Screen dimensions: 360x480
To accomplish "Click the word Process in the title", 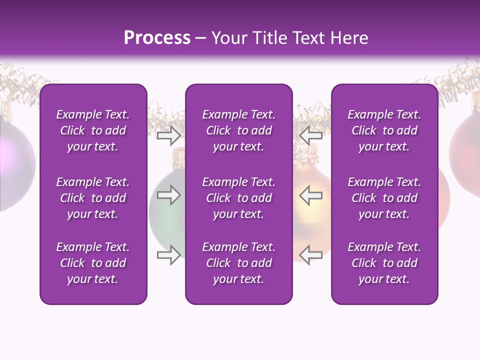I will (157, 38).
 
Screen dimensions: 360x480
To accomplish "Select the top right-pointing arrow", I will (169, 134).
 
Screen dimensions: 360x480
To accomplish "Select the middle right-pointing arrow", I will (169, 195).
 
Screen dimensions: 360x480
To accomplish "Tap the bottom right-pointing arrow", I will (169, 255).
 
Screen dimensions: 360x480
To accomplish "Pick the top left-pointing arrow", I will (311, 134).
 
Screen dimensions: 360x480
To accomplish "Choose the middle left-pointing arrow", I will (311, 195).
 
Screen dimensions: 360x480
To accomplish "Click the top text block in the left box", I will (93, 130).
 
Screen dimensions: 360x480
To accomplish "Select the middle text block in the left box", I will (93, 198).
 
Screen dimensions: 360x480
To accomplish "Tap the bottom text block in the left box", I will (93, 263).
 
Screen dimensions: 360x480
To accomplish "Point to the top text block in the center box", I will (238, 130).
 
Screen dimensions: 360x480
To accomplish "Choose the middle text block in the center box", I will (238, 198).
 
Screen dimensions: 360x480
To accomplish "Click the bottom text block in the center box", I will (238, 263).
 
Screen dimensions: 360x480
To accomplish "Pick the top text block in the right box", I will (384, 130).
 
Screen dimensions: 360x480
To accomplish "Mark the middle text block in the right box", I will (384, 198).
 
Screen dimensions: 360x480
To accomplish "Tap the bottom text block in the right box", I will (384, 263).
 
